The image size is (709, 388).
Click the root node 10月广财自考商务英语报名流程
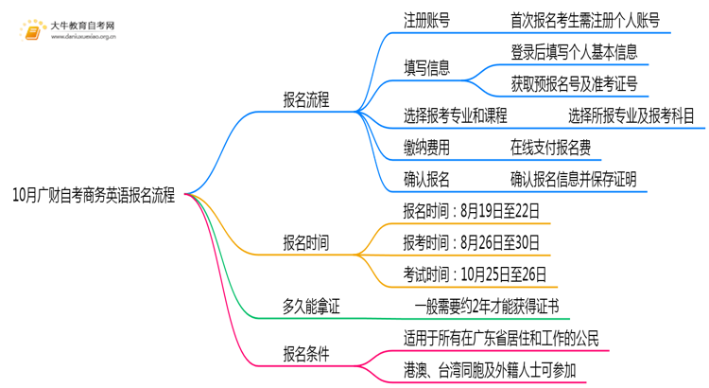(94, 195)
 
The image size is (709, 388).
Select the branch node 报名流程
(306, 99)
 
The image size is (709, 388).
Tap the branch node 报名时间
(306, 243)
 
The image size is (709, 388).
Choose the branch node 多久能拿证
(311, 307)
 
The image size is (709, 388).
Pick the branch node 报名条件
(306, 354)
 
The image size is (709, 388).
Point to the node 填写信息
(425, 68)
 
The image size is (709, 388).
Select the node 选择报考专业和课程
(455, 115)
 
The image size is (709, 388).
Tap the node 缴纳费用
(425, 148)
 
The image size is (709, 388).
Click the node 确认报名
(425, 179)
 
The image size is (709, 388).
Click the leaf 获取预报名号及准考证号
(573, 84)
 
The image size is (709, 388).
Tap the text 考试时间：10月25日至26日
(476, 274)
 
